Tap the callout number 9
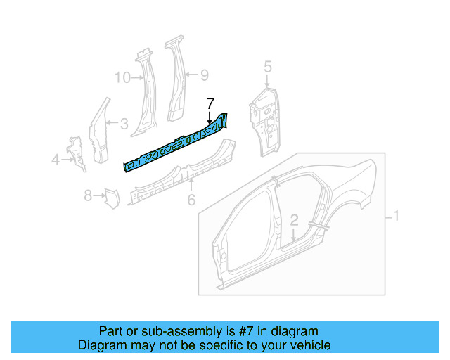(x=204, y=75)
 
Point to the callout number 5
(x=267, y=67)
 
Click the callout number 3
(x=123, y=124)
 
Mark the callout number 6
(x=191, y=200)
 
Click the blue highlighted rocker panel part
(x=176, y=144)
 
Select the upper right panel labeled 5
(x=264, y=120)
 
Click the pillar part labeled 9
(x=175, y=81)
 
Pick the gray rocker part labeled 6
(x=183, y=172)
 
